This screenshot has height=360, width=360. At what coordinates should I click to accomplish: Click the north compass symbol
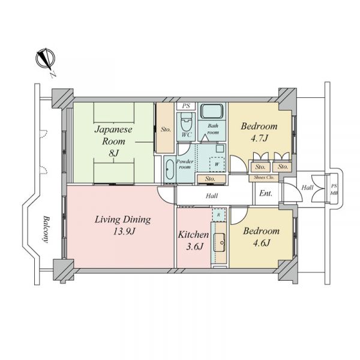46,59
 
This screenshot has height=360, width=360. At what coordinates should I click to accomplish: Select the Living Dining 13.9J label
123,226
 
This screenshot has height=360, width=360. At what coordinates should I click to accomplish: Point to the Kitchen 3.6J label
194,241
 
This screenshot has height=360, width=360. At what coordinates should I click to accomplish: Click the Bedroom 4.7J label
259,132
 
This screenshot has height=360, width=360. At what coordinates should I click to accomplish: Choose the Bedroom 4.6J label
261,237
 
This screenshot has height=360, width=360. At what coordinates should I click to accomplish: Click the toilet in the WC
186,121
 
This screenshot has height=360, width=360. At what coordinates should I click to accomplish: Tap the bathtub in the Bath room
212,112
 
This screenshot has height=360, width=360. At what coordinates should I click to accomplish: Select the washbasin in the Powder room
169,169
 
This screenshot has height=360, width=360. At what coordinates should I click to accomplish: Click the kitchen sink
220,242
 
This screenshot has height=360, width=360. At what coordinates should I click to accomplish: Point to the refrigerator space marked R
219,215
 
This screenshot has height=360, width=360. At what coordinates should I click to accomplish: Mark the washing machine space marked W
217,164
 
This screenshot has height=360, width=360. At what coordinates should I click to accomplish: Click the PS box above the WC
186,106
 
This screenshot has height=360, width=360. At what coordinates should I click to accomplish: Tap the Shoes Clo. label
263,178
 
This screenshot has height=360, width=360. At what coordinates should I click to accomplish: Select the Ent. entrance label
266,193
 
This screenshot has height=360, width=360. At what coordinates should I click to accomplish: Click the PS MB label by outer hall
334,190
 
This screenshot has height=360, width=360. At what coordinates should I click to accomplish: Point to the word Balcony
46,229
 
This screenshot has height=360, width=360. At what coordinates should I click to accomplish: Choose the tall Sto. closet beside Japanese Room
165,128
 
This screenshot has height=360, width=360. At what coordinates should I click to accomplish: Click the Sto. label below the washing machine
210,179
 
